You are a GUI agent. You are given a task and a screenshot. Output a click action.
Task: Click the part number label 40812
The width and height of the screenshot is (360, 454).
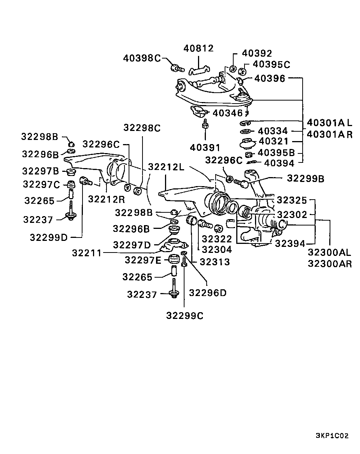coord(198,48)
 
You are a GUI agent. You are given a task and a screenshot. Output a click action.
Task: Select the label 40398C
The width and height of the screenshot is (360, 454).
coord(142,58)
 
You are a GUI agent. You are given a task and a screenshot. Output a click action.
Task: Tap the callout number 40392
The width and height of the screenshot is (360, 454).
coord(257,54)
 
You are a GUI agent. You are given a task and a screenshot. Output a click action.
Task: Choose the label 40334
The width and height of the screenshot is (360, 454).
coord(273,131)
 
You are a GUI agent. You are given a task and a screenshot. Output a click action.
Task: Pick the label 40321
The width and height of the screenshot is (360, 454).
coord(273,141)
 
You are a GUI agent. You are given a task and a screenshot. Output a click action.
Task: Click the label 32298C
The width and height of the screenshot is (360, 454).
coord(142,128)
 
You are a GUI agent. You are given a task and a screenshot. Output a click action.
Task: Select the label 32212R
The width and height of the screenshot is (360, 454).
coord(106,199)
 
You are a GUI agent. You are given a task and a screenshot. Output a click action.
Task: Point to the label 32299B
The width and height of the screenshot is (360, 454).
coord(306,178)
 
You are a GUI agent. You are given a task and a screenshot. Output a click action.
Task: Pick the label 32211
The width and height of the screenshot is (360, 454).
coord(87,253)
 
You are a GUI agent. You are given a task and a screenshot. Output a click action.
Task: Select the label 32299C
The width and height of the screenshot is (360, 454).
coord(185,316)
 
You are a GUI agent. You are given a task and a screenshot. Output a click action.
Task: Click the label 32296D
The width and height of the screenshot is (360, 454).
coord(208,293)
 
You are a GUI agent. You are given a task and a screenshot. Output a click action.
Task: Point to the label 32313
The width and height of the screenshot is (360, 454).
coord(214,262)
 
